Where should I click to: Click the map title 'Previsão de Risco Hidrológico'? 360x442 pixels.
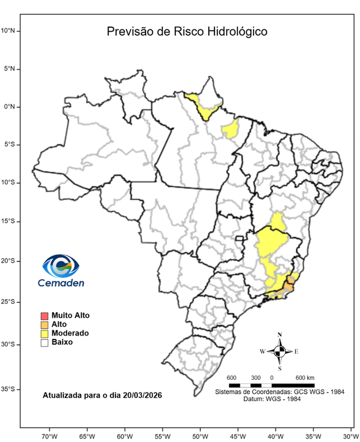[187, 31]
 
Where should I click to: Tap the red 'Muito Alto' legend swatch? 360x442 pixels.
[44, 315]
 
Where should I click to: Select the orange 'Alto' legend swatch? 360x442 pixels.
[44, 325]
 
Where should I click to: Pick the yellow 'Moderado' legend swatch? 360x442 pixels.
[44, 333]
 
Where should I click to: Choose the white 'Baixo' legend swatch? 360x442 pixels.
[44, 342]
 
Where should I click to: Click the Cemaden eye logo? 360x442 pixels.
[60, 266]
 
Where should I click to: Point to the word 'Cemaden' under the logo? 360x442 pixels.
[60, 283]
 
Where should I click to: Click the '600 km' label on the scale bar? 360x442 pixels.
[305, 377]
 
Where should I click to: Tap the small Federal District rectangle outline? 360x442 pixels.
[240, 238]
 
